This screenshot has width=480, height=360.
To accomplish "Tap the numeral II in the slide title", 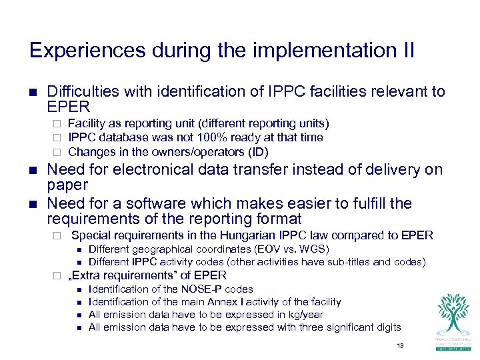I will [x=406, y=51].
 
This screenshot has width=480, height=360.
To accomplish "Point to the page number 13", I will [x=400, y=345].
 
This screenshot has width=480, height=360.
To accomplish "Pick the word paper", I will [x=67, y=185].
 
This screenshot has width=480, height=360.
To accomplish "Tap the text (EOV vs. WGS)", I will [x=288, y=249].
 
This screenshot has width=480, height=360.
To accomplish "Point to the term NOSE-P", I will [x=203, y=289].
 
